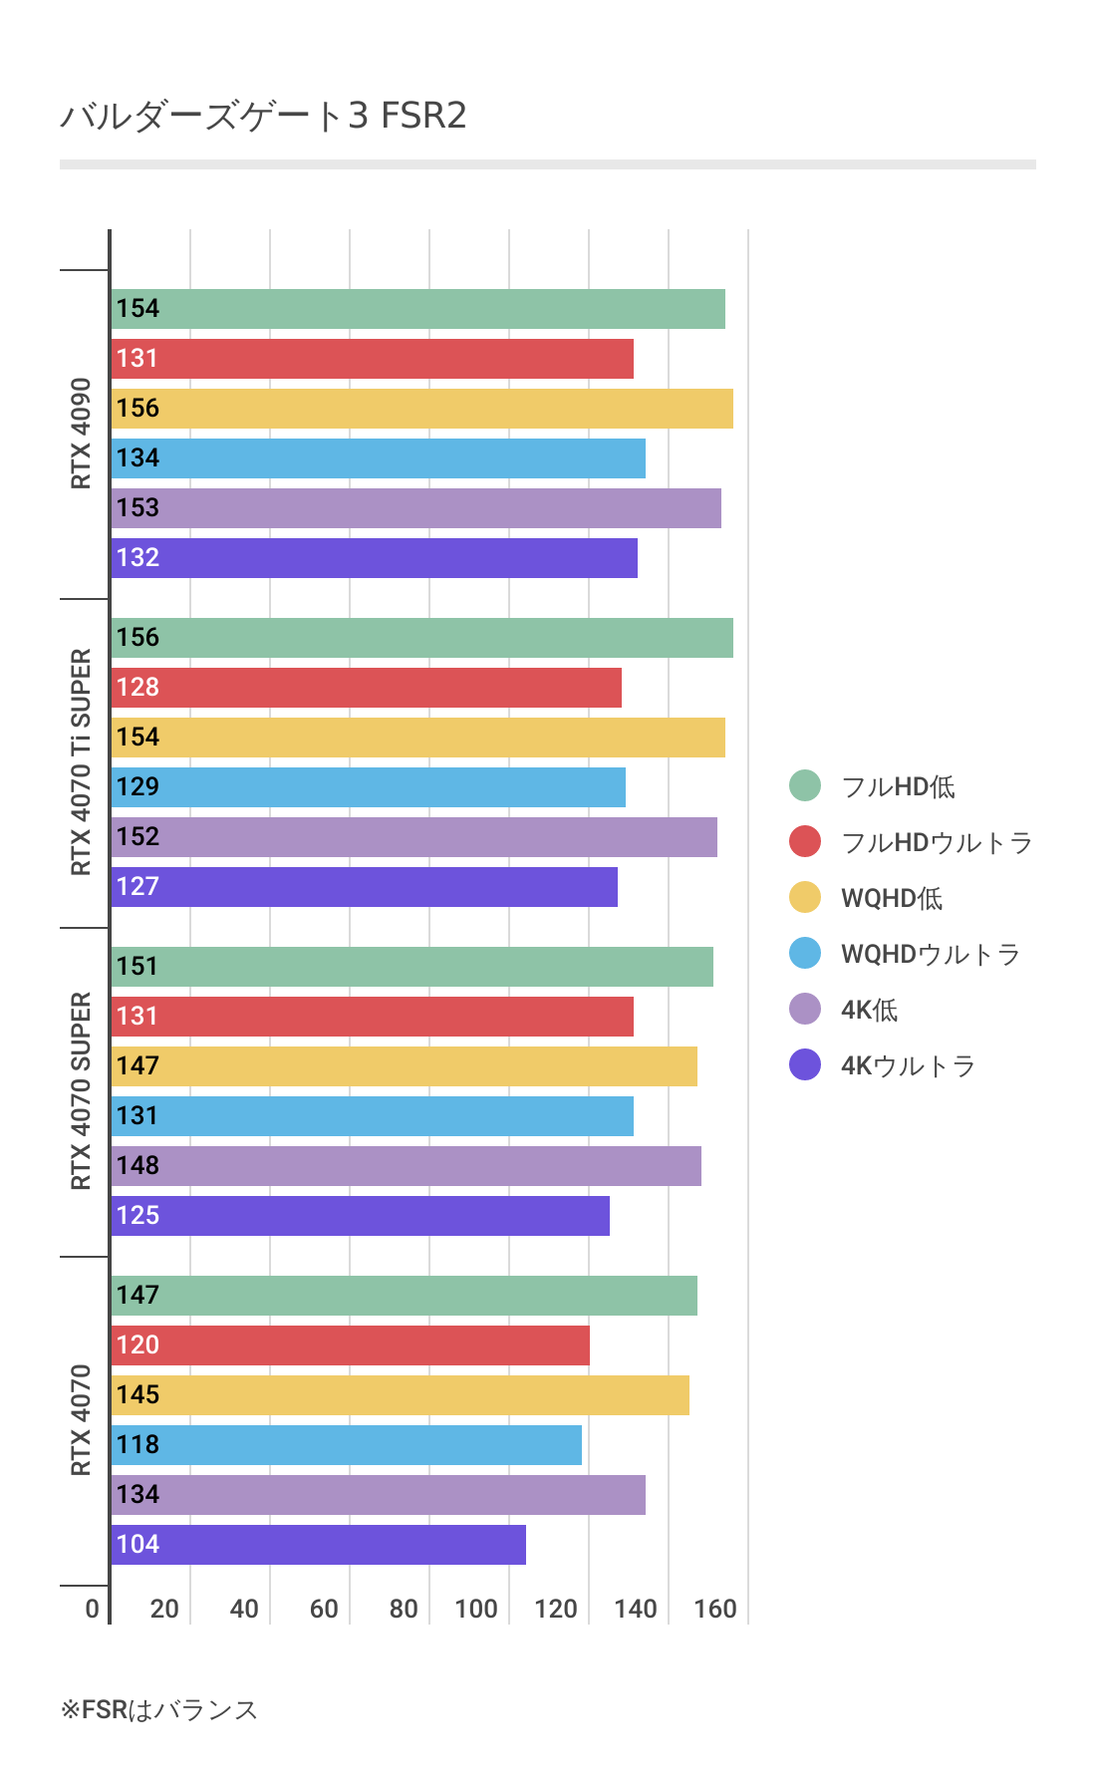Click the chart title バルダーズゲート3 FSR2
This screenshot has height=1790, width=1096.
tap(263, 117)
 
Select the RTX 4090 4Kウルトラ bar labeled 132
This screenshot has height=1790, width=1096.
tap(374, 558)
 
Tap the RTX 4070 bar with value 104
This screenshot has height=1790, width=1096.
tap(318, 1545)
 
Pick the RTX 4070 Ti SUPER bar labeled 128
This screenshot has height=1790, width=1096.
tap(366, 688)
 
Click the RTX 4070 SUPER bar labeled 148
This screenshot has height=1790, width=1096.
tap(406, 1166)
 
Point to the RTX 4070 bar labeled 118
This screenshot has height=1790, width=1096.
tap(346, 1445)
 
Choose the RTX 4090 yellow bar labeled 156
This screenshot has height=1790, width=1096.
tap(421, 409)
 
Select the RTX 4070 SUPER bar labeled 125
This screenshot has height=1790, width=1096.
tap(360, 1216)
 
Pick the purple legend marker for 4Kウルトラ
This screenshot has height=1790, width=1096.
tap(805, 1065)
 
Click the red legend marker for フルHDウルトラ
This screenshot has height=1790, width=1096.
tap(805, 842)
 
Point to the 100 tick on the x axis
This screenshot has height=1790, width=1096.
tap(476, 1609)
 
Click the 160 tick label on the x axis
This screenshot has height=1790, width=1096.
tap(715, 1609)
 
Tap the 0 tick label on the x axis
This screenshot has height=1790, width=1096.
tap(92, 1609)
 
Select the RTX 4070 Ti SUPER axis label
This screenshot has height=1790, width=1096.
tap(81, 762)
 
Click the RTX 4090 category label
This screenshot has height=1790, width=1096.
tap(81, 434)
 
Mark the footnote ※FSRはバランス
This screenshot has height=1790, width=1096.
tap(159, 1710)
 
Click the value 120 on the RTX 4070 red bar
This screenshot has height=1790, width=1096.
tap(137, 1345)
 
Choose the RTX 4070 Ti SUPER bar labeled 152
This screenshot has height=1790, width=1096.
tap(413, 837)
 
